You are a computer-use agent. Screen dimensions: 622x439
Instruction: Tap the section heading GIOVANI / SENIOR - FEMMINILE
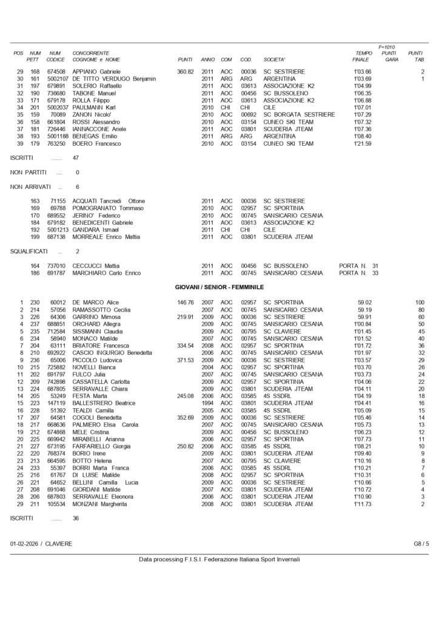[219, 287]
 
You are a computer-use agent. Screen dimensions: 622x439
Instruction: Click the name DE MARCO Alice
[96, 302]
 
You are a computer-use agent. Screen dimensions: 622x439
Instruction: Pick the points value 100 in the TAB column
[420, 302]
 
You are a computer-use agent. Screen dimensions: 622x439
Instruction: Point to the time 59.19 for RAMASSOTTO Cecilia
[364, 310]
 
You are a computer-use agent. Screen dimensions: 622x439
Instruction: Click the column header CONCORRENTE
[91, 53]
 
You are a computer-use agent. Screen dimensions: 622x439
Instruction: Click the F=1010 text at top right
[386, 47]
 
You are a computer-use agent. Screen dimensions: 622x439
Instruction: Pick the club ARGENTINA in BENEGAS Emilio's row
[280, 136]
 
